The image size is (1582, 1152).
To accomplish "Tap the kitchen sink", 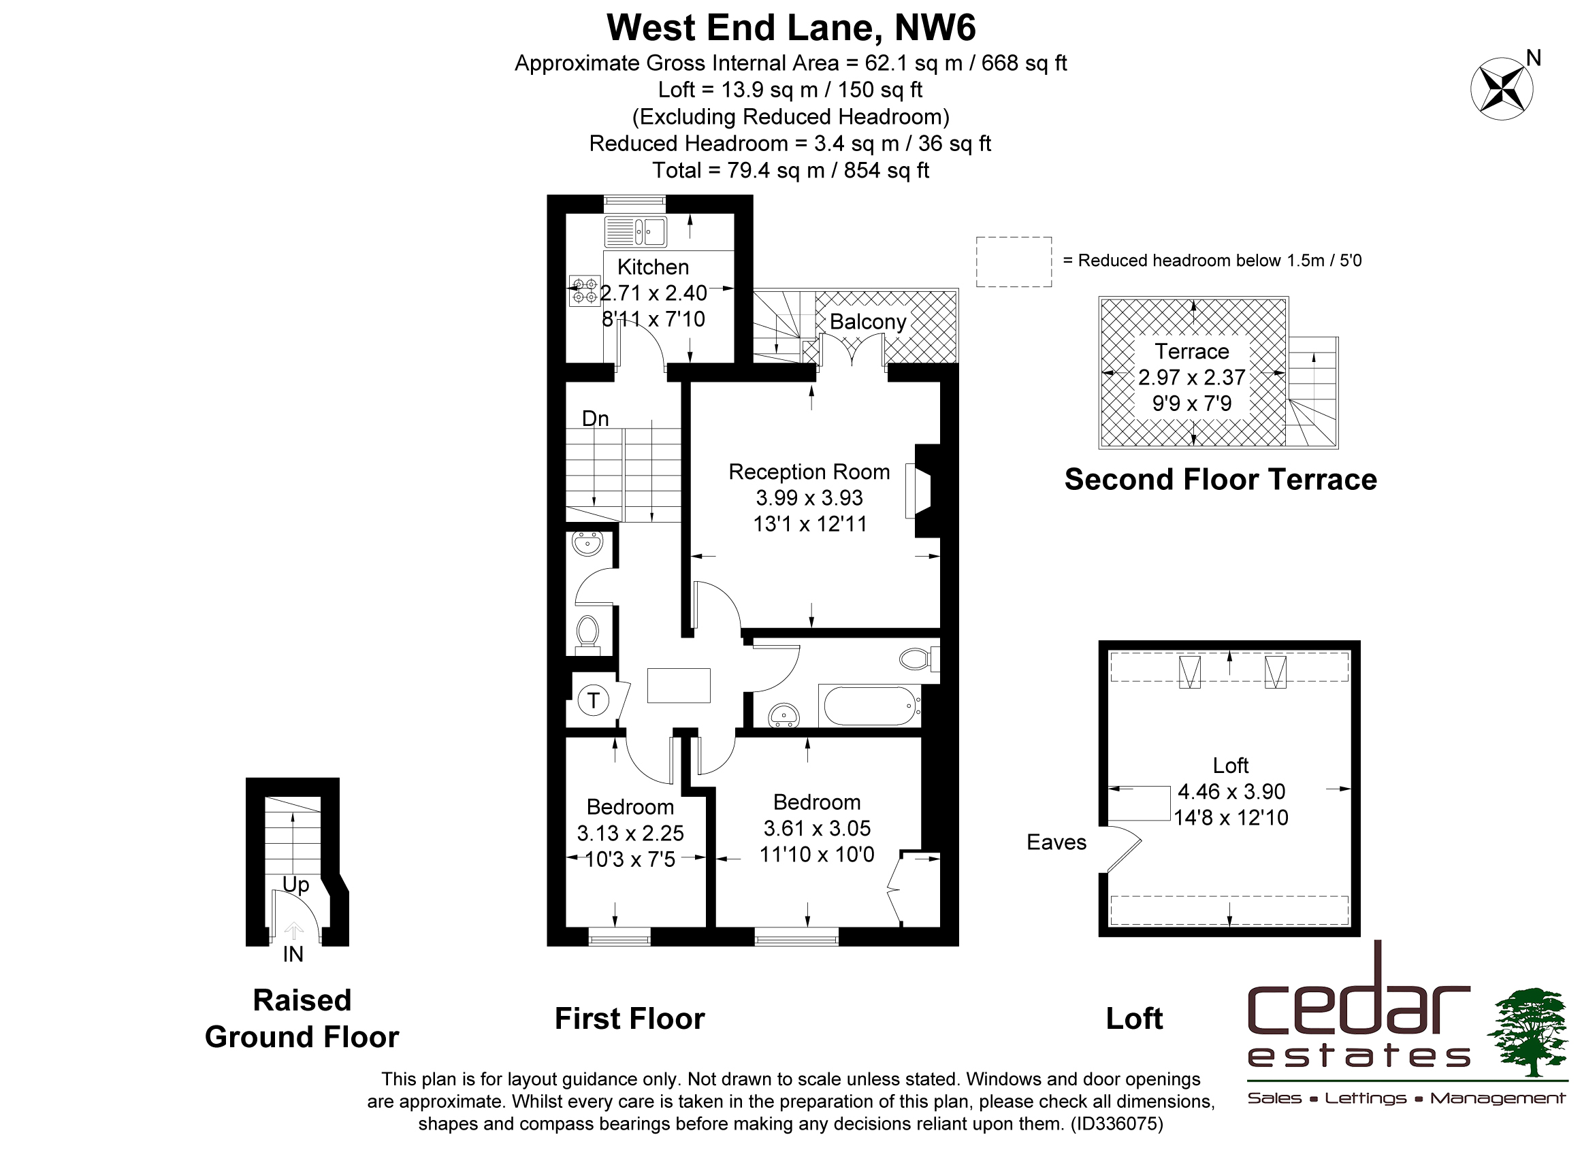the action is click(635, 232).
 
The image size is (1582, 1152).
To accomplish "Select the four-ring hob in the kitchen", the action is click(585, 290).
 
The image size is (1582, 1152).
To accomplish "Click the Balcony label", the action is click(868, 321).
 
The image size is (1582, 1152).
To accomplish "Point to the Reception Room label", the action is click(809, 472).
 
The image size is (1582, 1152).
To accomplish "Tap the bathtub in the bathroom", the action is click(869, 706).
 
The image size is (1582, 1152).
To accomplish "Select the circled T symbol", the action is click(594, 700).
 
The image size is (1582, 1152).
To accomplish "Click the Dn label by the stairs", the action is click(596, 418).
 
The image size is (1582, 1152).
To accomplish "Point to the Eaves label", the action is click(1056, 842).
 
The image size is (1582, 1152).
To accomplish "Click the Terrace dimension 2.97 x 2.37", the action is click(1191, 377).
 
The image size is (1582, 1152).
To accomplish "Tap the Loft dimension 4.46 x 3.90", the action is click(1231, 791).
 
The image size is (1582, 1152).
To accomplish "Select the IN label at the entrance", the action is click(293, 955).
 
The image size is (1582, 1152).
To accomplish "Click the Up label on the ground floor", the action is click(295, 885).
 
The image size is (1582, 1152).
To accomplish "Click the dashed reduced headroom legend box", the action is click(1014, 261).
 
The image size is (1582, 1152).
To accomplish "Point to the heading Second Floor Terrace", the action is click(1221, 480).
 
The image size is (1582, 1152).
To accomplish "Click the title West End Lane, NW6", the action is click(791, 28).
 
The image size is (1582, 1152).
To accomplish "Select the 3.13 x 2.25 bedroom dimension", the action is click(630, 834).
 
